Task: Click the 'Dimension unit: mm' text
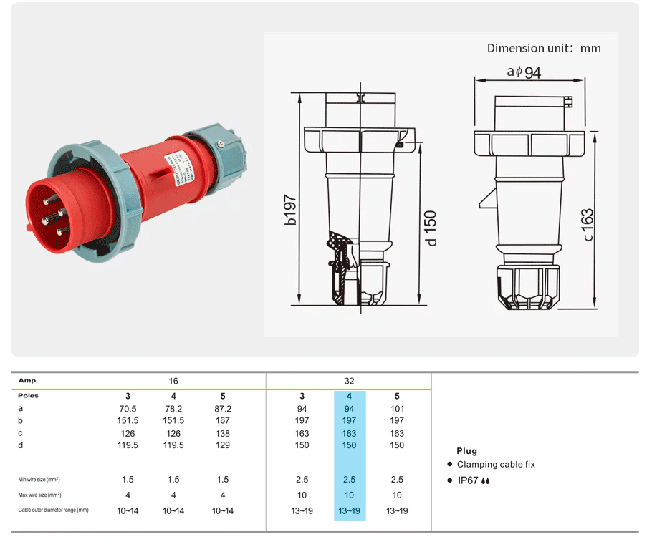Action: point(544,49)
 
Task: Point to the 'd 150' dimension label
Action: point(432,228)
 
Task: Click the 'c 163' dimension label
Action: point(588,225)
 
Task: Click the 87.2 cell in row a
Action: point(223,409)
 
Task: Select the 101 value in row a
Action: point(397,409)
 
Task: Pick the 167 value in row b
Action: point(223,421)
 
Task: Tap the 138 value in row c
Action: point(223,433)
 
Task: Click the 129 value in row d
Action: point(223,445)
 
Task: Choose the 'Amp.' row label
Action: point(28,381)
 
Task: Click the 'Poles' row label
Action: point(29,396)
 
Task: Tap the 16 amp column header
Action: point(173,381)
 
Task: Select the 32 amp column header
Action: point(349,381)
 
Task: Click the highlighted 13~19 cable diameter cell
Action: point(349,510)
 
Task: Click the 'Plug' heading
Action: point(466,451)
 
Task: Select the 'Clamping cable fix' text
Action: point(496,465)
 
